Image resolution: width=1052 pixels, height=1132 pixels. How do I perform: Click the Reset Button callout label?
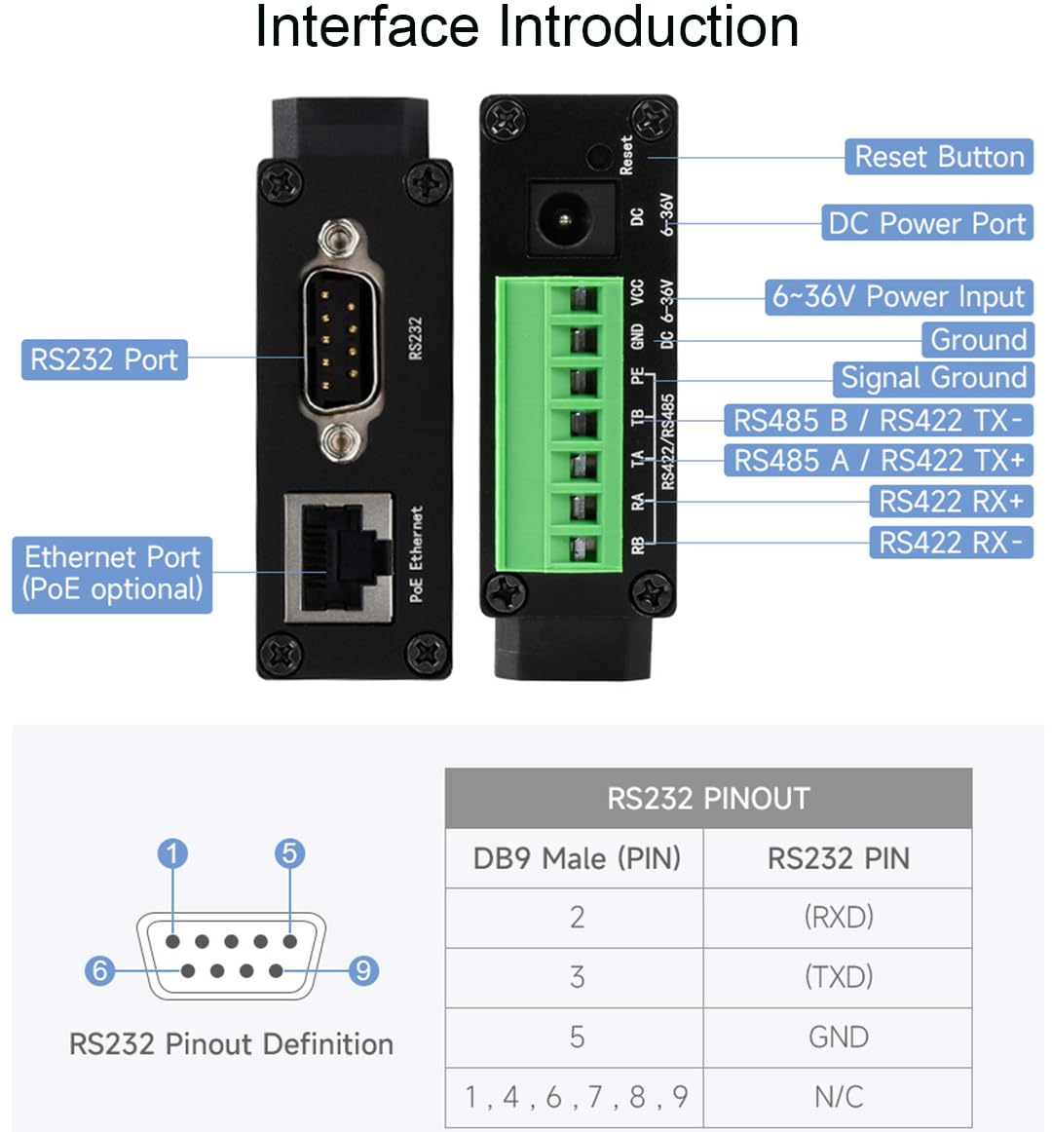point(938,157)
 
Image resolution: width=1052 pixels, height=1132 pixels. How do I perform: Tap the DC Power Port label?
point(926,223)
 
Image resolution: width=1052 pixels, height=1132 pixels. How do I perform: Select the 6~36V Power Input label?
point(898,296)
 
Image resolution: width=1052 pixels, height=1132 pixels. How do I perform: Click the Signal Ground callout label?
point(933,378)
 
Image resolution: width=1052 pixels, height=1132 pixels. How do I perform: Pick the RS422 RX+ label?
point(950,502)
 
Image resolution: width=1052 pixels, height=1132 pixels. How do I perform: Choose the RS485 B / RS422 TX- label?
point(877,421)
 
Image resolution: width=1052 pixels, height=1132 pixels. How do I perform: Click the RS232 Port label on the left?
point(104,359)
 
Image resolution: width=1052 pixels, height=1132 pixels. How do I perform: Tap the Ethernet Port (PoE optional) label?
point(112,574)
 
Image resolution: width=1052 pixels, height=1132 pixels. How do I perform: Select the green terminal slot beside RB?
point(582,547)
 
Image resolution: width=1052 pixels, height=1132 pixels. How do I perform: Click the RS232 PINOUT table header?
point(708,799)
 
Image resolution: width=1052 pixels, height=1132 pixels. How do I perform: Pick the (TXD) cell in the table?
point(838,977)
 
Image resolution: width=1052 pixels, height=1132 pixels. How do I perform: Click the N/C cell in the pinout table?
point(838,1097)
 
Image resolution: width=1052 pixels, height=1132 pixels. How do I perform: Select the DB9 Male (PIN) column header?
point(576,858)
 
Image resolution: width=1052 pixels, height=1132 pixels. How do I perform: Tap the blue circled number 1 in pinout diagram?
point(172,854)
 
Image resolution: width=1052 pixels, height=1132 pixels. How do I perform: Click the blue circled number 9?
point(363,970)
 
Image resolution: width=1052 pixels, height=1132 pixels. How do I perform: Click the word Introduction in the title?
point(648,27)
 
